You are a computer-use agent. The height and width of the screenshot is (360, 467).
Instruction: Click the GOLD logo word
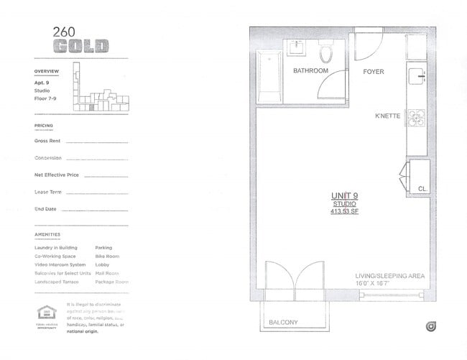click(80, 46)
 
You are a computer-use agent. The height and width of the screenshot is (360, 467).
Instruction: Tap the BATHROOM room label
click(311, 71)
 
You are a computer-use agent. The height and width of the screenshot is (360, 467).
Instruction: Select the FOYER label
click(373, 72)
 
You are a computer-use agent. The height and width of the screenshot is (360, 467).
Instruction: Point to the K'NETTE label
click(388, 116)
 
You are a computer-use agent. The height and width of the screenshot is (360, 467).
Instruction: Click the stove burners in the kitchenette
click(417, 116)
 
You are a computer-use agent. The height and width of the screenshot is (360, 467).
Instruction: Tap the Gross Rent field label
click(47, 141)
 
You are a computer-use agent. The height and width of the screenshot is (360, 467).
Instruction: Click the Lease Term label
click(48, 192)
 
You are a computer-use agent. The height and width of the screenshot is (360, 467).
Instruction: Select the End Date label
click(45, 209)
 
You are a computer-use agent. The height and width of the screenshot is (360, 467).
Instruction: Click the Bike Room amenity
click(106, 256)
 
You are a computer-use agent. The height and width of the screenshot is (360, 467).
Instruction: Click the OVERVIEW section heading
click(46, 72)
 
